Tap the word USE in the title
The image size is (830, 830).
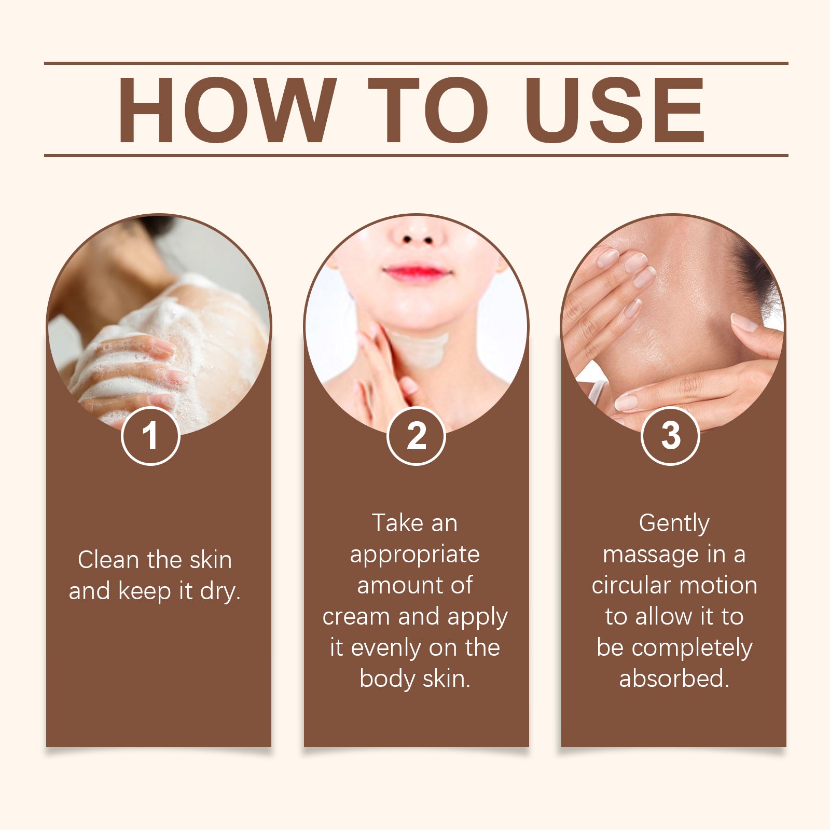615,110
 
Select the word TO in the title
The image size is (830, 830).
428,110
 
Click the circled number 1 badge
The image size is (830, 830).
150,436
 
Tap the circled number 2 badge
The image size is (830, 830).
416,436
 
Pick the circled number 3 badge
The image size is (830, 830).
670,436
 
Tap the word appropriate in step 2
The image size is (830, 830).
414,555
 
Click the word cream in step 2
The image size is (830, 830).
356,617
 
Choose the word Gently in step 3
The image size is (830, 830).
674,523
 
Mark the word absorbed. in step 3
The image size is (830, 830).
674,679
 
